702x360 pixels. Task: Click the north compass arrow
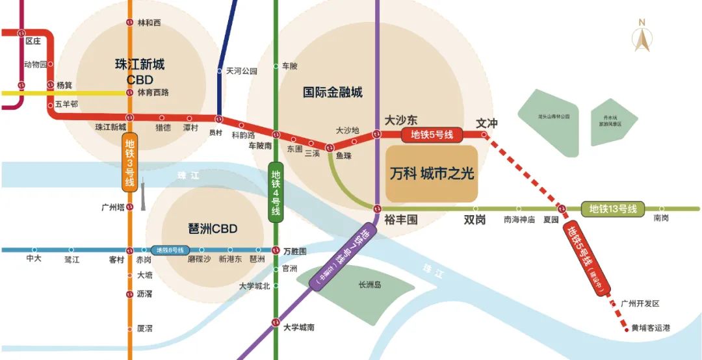(x=642, y=39)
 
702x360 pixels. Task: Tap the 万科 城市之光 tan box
(x=432, y=174)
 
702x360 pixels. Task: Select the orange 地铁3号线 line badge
(x=130, y=163)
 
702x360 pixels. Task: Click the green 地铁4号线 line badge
(x=276, y=192)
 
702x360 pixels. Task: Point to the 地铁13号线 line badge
(x=612, y=209)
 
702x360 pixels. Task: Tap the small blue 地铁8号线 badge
(x=170, y=250)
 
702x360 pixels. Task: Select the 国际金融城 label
(x=333, y=92)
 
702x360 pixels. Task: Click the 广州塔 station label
(x=113, y=207)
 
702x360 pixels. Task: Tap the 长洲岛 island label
(x=370, y=284)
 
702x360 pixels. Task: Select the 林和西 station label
(x=149, y=23)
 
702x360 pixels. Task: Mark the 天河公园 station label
(x=241, y=71)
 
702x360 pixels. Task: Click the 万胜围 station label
(x=295, y=250)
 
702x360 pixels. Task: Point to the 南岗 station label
(x=661, y=219)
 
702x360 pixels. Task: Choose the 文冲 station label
(x=487, y=123)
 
